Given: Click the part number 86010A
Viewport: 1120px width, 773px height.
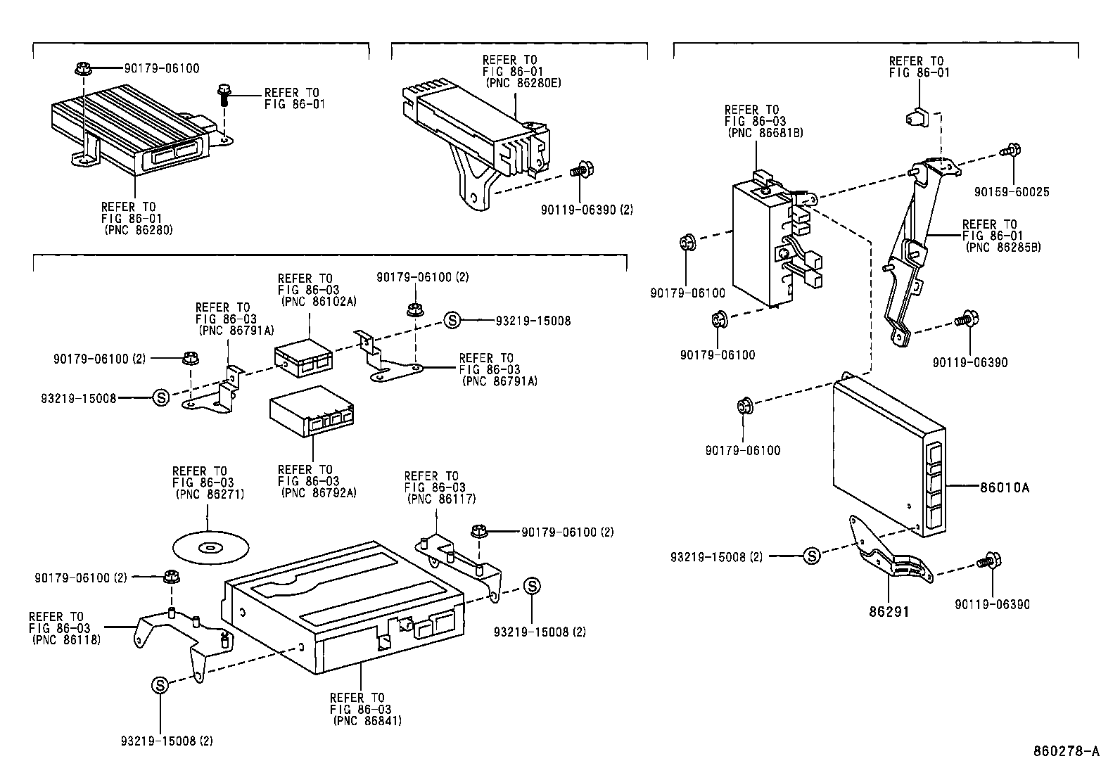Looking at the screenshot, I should (x=1004, y=487).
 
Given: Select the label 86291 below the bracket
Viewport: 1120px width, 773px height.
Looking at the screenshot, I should (x=889, y=612).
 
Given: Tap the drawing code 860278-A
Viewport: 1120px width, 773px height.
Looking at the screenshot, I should (x=1065, y=751).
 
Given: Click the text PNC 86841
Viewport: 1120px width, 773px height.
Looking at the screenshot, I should (x=367, y=721).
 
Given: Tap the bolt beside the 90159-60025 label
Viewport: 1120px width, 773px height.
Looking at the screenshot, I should (x=1011, y=150).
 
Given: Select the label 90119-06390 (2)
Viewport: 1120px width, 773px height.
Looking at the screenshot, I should (x=587, y=210).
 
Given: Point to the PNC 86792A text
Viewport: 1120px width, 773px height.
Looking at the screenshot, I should (x=318, y=493).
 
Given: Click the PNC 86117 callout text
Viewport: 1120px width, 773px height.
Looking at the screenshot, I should (x=441, y=499).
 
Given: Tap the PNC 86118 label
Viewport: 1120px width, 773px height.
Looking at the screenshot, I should (x=65, y=640).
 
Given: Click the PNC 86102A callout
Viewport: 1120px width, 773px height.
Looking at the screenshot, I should (x=318, y=301).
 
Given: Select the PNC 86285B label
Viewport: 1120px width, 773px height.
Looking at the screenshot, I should (x=1003, y=248).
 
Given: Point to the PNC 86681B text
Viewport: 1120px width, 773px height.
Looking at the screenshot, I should (x=765, y=133).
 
